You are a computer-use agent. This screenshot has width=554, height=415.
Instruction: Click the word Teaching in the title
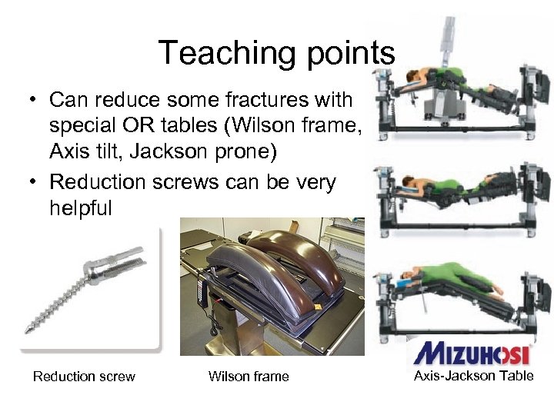[222, 53]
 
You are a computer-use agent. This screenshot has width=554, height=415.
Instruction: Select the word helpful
[81, 207]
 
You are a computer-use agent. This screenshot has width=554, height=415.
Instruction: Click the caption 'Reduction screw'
[84, 377]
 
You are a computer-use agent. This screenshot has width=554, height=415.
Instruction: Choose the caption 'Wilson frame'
[249, 377]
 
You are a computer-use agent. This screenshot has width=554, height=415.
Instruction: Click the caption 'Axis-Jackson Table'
[473, 376]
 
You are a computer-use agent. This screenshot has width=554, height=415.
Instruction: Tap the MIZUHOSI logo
[471, 353]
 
